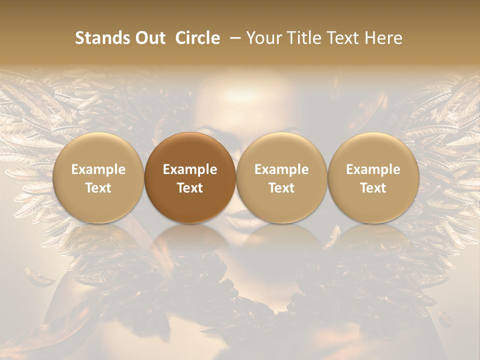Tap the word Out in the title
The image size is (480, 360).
[x=148, y=38]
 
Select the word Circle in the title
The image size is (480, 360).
[x=197, y=38]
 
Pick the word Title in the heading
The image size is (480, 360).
[x=304, y=38]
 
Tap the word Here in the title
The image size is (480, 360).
[x=384, y=38]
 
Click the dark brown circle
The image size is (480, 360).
[x=190, y=178]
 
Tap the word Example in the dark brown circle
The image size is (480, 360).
[x=190, y=169]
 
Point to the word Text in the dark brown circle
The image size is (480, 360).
[x=190, y=188]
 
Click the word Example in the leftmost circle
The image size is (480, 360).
[x=98, y=169]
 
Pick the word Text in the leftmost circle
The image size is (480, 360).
[x=98, y=188]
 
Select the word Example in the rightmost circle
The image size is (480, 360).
[x=373, y=169]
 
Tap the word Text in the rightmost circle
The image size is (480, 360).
[x=373, y=188]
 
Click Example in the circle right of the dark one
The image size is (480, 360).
[x=281, y=169]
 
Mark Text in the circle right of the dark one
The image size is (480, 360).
[x=281, y=188]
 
